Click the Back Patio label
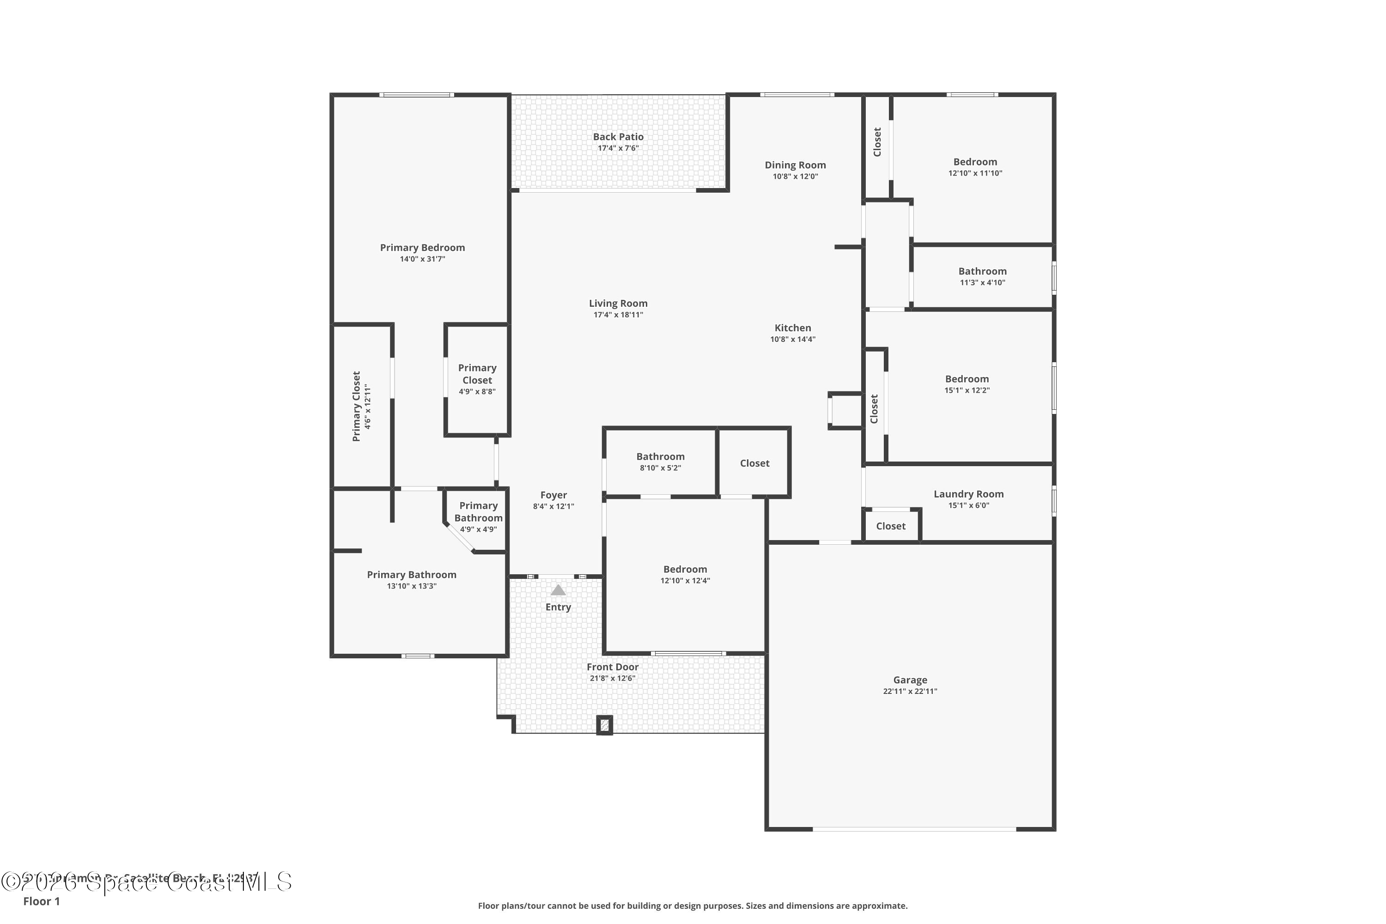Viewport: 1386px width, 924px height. tap(618, 137)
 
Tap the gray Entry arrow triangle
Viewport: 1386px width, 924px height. tap(558, 590)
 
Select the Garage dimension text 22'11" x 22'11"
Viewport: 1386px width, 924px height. tap(909, 691)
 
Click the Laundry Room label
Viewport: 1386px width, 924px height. tap(968, 494)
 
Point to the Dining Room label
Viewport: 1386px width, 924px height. tap(795, 165)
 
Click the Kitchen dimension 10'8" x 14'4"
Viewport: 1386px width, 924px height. tap(793, 339)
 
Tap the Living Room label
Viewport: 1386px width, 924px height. tap(618, 304)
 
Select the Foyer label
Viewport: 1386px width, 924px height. tap(553, 495)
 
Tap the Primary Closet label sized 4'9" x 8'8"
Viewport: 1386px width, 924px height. tap(477, 374)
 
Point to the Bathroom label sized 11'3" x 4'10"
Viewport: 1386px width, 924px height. tap(982, 271)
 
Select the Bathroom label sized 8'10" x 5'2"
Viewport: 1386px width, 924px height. tap(660, 457)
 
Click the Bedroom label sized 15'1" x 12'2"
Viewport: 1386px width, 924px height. tap(967, 379)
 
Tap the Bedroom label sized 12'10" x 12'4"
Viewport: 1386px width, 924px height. tap(685, 569)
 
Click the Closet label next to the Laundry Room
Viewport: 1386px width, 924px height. tap(890, 526)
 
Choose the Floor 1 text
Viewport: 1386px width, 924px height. tap(41, 901)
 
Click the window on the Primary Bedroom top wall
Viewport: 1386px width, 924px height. tap(416, 95)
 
